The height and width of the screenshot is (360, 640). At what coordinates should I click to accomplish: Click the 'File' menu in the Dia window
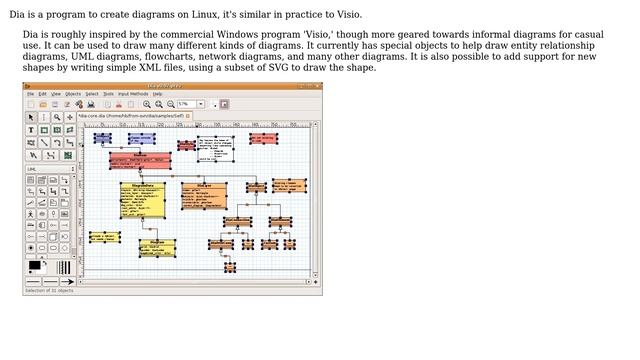click(x=30, y=94)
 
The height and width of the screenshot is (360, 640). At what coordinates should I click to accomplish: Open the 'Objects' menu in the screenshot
click(x=73, y=94)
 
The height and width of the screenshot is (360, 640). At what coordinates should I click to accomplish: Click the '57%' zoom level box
click(x=187, y=104)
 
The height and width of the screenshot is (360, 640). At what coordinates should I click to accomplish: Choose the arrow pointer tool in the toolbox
click(x=30, y=117)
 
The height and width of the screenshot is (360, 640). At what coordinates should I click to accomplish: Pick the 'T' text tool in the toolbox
click(x=30, y=130)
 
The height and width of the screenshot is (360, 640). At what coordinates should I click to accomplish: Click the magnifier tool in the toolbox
click(x=56, y=117)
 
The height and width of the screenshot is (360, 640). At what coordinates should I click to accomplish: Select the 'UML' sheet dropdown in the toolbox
click(x=50, y=169)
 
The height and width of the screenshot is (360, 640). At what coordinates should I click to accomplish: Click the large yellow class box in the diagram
click(x=142, y=200)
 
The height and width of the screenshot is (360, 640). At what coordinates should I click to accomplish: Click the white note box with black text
click(x=215, y=149)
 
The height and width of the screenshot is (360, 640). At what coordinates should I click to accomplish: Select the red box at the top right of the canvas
click(x=263, y=138)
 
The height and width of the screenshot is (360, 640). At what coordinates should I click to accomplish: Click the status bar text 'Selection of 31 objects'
click(x=50, y=290)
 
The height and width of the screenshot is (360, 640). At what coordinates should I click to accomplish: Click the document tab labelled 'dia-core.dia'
click(x=140, y=116)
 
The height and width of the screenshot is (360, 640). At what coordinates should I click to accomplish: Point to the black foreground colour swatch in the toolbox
click(x=35, y=265)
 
